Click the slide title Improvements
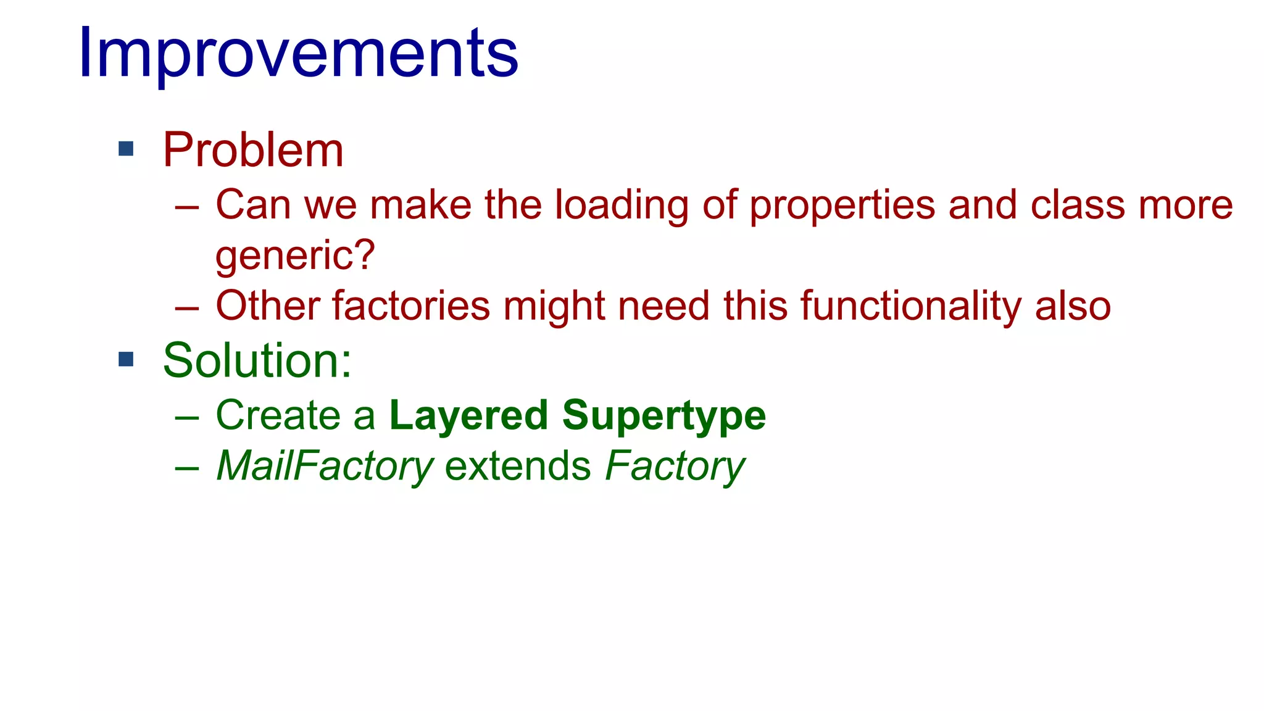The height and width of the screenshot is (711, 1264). pos(298,54)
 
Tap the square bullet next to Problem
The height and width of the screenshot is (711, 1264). pos(126,149)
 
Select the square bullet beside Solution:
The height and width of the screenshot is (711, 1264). pos(126,359)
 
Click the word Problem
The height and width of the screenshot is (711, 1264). pos(253,150)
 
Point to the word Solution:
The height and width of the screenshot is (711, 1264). pos(257,360)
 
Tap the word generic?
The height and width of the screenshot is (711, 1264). pos(295,255)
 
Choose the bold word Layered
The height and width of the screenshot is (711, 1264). pos(468,415)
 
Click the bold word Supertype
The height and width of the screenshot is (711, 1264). pos(664,416)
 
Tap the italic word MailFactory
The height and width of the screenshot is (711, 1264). pos(325,466)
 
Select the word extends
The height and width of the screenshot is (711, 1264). pos(518,466)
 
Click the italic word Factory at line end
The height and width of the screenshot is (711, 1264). pos(675,466)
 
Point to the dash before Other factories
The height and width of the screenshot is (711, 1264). pos(186,307)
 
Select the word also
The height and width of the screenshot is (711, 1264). pos(1073,306)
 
